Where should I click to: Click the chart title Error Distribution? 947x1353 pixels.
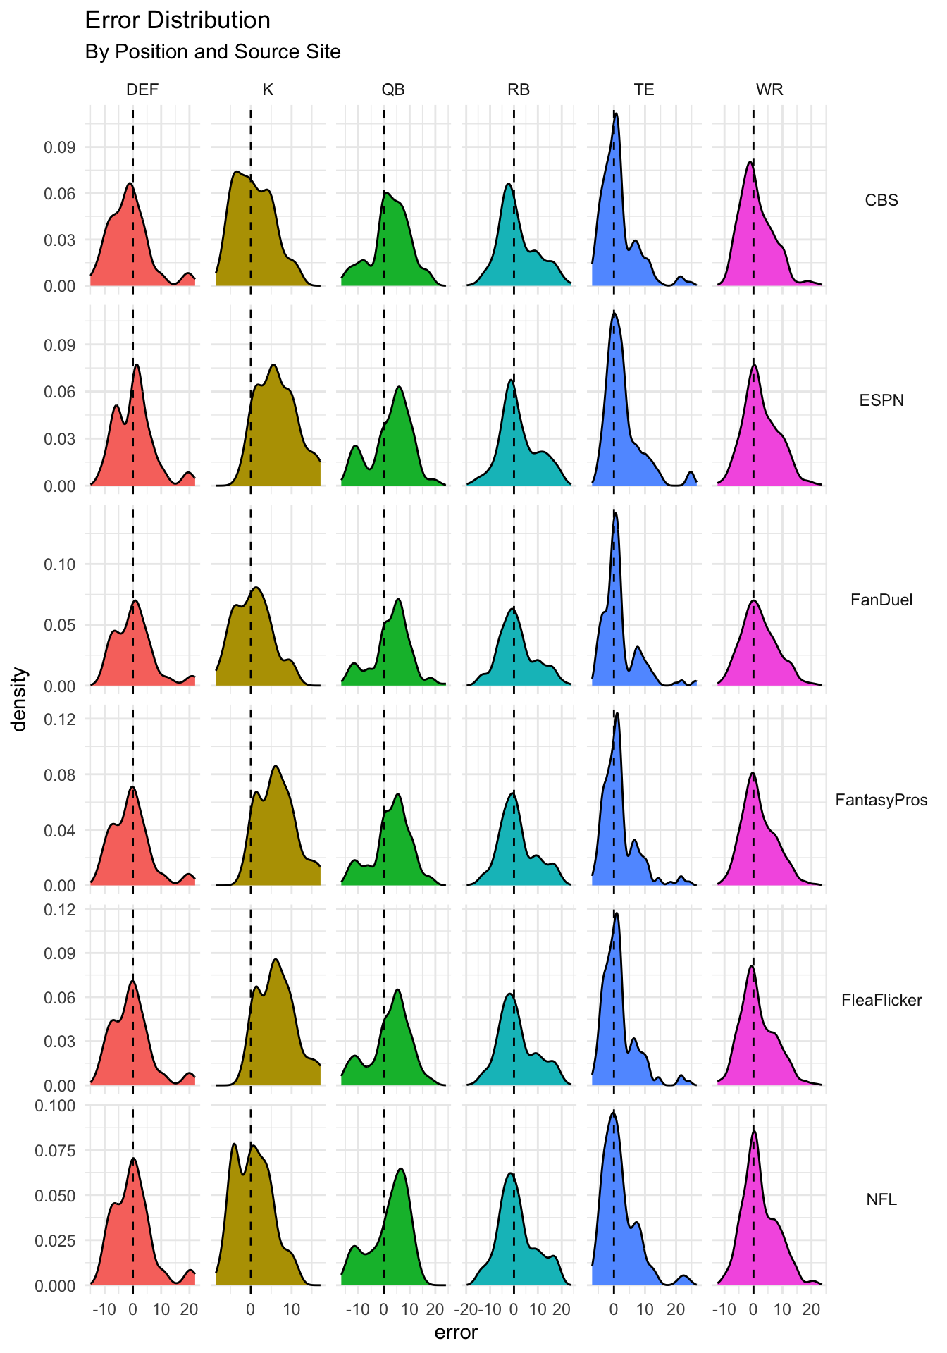click(178, 20)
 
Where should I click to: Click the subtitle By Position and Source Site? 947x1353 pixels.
click(213, 52)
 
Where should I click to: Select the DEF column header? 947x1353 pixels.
click(142, 89)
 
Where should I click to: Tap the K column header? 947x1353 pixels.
click(268, 89)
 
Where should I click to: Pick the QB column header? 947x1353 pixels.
click(393, 89)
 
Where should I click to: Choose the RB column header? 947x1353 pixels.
click(519, 89)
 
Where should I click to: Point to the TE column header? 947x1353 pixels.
click(644, 89)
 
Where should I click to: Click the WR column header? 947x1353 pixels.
click(769, 89)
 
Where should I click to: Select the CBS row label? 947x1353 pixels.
click(881, 200)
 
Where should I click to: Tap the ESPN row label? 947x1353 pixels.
click(881, 400)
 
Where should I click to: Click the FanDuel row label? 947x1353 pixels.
click(881, 600)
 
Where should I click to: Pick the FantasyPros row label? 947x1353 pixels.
click(881, 800)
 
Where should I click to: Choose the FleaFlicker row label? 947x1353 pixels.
click(881, 1000)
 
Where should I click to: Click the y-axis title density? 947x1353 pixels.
click(20, 699)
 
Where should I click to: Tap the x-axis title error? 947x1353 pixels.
click(457, 1333)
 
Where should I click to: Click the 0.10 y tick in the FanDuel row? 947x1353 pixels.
click(61, 564)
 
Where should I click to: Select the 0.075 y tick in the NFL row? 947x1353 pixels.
click(55, 1151)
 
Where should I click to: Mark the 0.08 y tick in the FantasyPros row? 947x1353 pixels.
click(61, 774)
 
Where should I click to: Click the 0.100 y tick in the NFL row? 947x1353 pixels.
click(55, 1106)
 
